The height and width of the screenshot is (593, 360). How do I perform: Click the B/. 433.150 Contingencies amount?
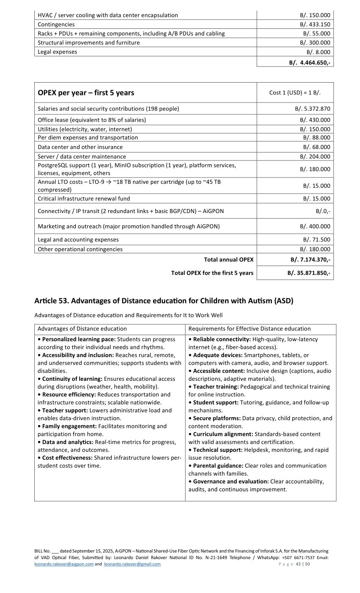[315, 25]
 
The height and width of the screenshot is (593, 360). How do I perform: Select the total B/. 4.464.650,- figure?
[310, 63]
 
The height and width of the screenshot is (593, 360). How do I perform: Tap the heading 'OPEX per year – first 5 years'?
[86, 93]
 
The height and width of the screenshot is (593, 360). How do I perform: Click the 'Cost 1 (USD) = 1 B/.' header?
[295, 93]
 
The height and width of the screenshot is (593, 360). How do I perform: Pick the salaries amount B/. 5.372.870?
[313, 109]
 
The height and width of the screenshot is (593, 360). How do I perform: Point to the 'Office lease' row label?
[91, 120]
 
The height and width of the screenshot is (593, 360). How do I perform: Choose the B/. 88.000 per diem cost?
[316, 138]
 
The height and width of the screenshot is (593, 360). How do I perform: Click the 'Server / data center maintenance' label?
[82, 157]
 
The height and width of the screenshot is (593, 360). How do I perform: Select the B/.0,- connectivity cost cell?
[323, 211]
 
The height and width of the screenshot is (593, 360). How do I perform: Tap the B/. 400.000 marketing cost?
[315, 227]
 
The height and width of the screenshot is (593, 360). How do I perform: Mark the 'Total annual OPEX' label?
[229, 260]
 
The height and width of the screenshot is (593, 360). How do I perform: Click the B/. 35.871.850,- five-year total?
[309, 273]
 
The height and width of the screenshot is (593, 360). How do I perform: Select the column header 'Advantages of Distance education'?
[82, 329]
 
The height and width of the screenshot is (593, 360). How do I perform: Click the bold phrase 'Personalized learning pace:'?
[79, 339]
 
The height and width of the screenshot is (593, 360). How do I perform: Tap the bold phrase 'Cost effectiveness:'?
[67, 458]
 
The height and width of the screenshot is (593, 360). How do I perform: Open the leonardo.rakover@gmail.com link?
[132, 564]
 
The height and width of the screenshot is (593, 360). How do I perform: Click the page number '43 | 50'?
[303, 564]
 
